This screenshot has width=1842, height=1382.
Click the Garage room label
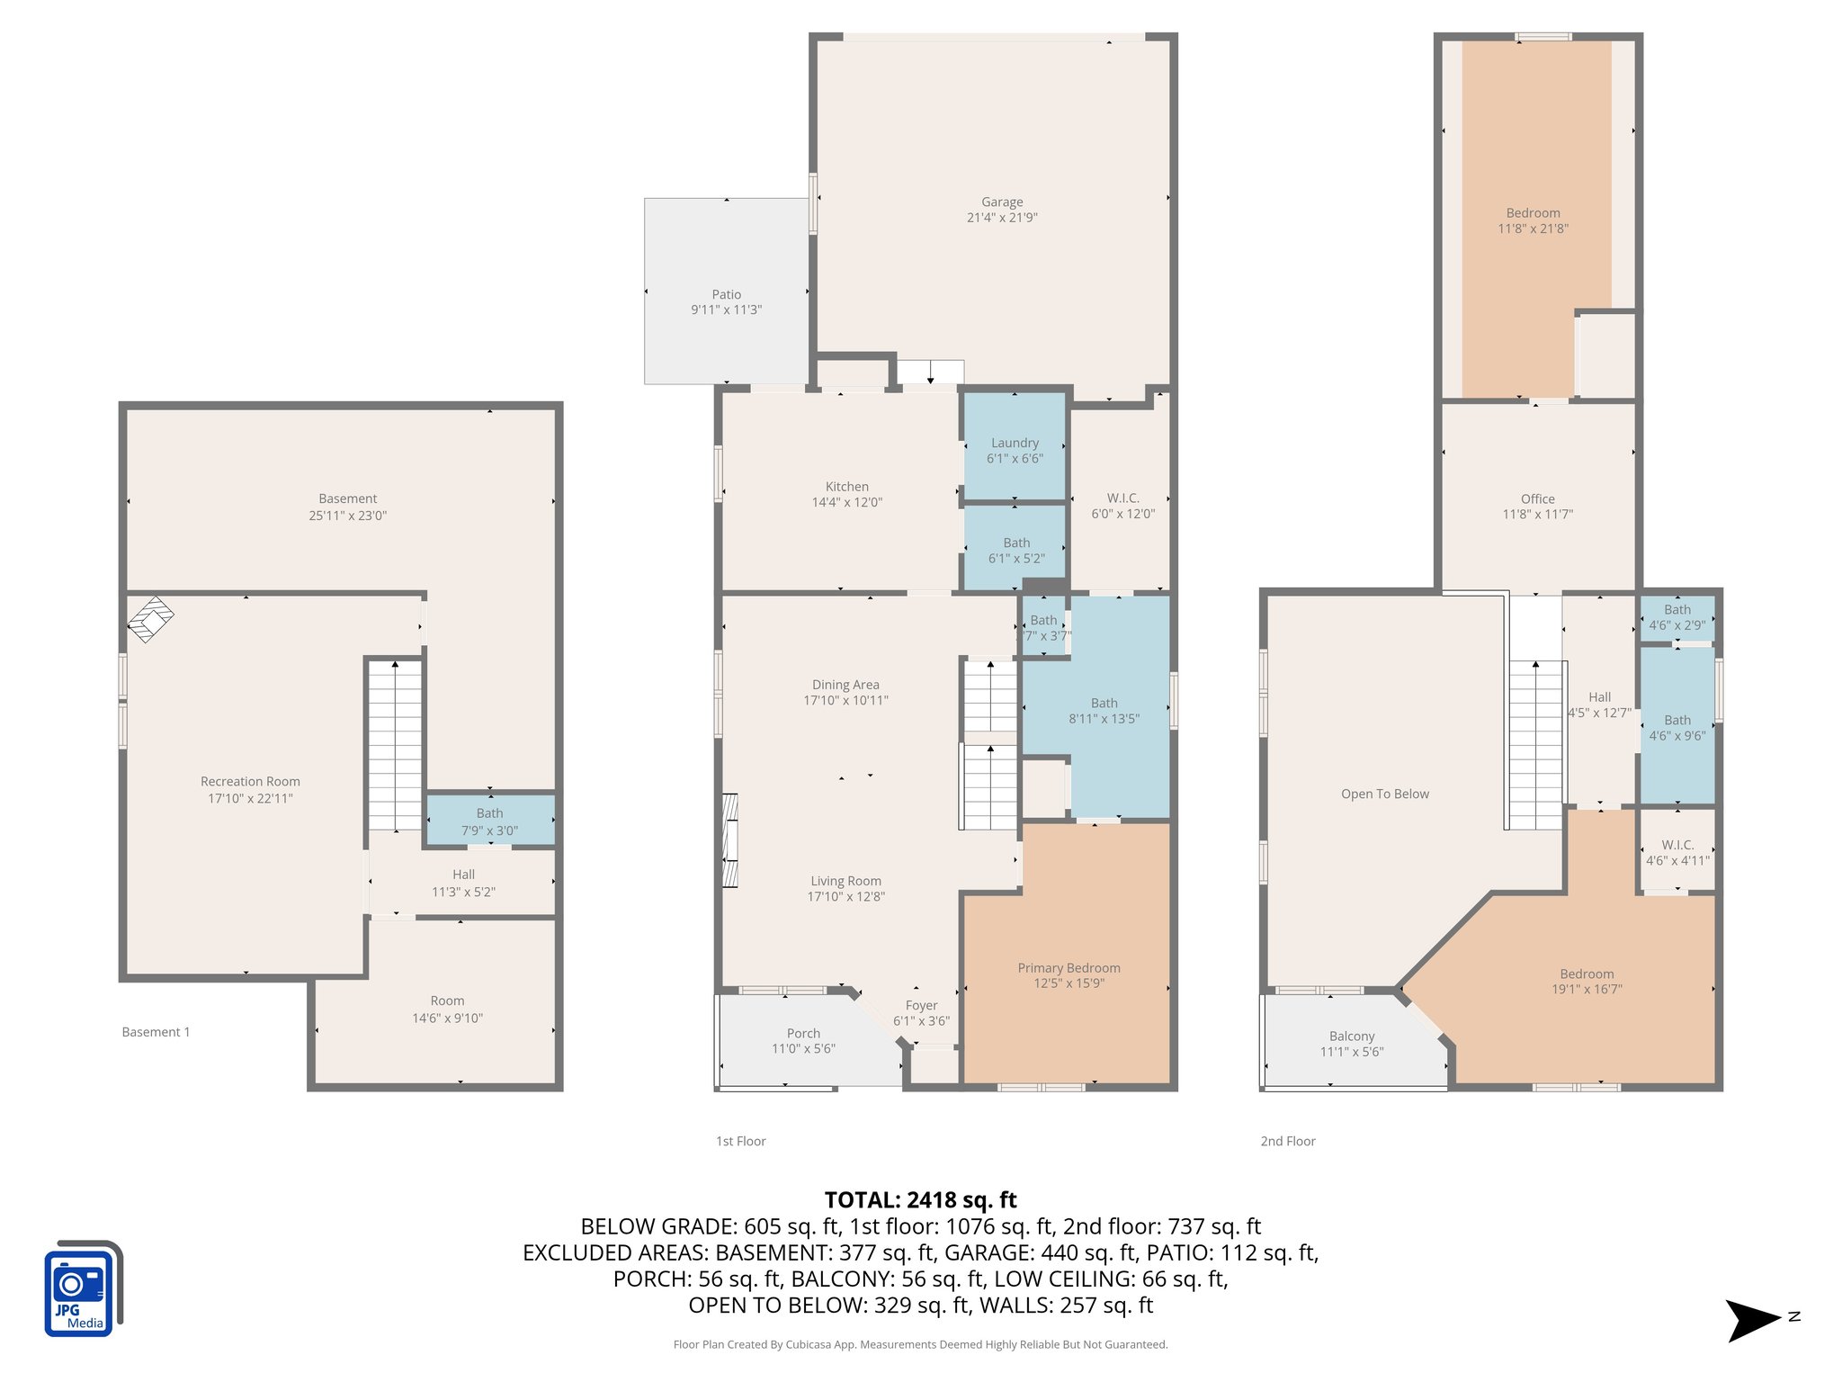[1001, 202]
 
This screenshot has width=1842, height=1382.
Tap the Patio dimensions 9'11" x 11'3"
[726, 310]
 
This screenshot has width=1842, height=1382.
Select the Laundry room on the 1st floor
[1015, 450]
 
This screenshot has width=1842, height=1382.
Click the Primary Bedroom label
[1069, 968]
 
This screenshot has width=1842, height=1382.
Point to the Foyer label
[921, 1005]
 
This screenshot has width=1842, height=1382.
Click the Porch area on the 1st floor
[803, 1041]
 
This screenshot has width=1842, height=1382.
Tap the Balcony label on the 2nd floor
[1351, 1036]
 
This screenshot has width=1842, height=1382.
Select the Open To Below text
[1384, 794]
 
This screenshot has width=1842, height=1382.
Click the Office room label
[1537, 498]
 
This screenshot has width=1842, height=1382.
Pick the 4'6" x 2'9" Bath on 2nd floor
[1677, 617]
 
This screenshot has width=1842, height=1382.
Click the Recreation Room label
[250, 781]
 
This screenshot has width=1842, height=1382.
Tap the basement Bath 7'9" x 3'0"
[489, 821]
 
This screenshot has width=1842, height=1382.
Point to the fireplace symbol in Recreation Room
[150, 619]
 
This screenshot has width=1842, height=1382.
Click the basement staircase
[395, 745]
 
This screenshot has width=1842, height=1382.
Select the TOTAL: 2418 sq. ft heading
[920, 1199]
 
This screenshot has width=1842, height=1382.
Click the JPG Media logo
[82, 1289]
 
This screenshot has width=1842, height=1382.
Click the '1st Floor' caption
[740, 1141]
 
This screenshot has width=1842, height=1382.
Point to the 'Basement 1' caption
[156, 1032]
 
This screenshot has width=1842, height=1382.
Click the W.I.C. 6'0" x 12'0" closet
[1122, 506]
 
